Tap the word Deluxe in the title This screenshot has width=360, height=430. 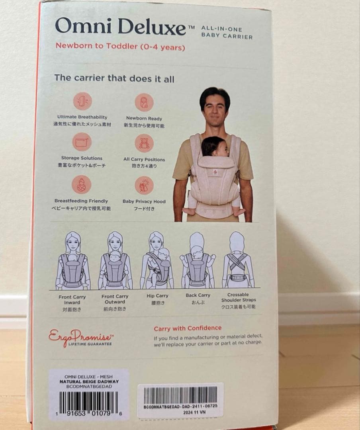(x=152, y=27)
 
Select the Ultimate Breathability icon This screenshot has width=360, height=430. (x=82, y=101)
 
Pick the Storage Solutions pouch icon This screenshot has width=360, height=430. (x=82, y=142)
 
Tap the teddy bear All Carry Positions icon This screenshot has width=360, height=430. (x=144, y=143)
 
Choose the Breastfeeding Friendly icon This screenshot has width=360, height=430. (x=81, y=185)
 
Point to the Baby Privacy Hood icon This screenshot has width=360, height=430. (x=144, y=186)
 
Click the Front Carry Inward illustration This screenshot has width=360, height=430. (x=72, y=261)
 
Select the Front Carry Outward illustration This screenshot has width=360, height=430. (x=115, y=260)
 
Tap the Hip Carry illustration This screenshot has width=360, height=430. (x=157, y=260)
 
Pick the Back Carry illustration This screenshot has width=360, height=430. (x=198, y=260)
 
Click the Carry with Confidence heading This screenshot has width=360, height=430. (x=188, y=328)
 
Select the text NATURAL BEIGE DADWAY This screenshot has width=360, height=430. (x=89, y=381)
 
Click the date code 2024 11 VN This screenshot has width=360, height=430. (x=194, y=412)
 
